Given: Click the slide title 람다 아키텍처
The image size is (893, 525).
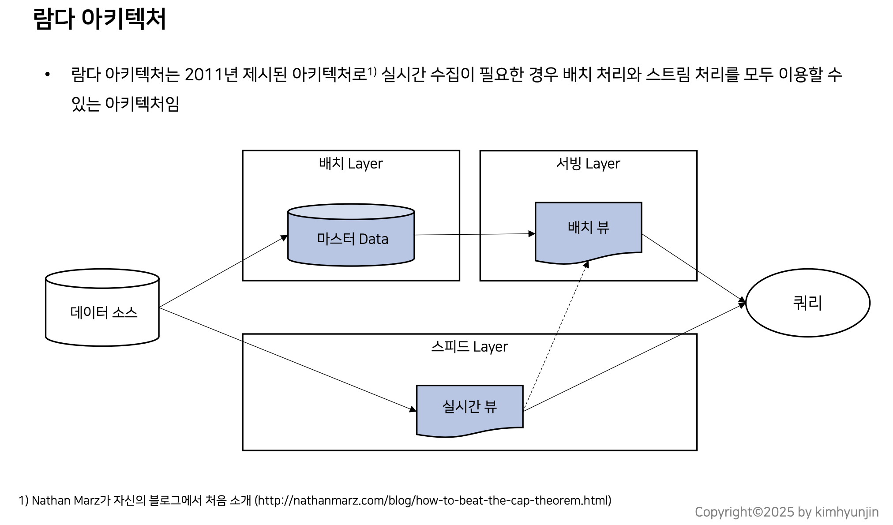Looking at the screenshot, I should (99, 19).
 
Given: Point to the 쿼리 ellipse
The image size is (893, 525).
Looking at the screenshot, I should (807, 303).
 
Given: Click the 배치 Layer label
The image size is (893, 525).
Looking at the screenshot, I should (351, 164).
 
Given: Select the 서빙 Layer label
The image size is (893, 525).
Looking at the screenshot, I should (588, 164).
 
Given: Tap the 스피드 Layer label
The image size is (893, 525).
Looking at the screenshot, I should (469, 347).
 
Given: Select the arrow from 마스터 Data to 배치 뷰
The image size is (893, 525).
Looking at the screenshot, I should (474, 234).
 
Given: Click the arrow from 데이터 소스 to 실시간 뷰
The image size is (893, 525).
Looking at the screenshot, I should (287, 360).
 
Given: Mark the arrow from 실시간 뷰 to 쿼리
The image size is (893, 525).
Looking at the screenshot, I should (633, 358).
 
